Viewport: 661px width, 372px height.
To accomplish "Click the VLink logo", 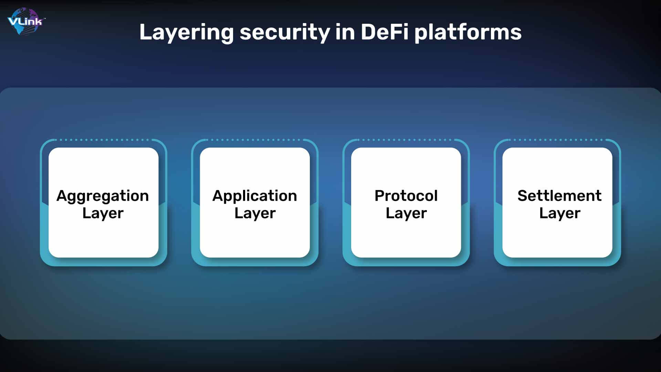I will point(25,21).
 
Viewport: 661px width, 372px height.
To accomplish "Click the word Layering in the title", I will point(186,32).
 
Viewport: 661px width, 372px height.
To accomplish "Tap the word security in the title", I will point(284,32).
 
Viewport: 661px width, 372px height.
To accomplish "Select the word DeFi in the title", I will point(384,32).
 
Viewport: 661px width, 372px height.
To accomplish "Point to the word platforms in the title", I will point(468,32).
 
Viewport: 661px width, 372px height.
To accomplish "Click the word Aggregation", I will point(103,196).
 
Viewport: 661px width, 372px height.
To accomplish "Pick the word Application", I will point(254,196).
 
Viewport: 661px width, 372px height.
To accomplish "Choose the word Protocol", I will point(406,196).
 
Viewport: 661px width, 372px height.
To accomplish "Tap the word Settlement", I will point(559,196).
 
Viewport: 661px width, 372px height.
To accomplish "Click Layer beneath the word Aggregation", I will point(103,214).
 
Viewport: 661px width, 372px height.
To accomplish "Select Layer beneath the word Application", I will point(255,214).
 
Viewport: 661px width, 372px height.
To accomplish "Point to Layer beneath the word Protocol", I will point(406,214).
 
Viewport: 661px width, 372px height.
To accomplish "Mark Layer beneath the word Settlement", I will point(560,214).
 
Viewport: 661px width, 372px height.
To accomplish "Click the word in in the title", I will point(345,32).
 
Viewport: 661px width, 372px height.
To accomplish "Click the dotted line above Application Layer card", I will point(254,140).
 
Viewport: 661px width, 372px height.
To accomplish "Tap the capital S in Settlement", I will point(523,196).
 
